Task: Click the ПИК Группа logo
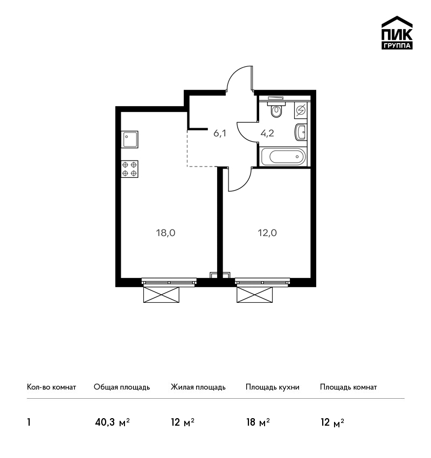[x=397, y=32]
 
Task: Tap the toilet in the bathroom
[x=276, y=108]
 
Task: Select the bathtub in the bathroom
[x=283, y=157]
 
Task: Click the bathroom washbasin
[x=301, y=133]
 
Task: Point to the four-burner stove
[x=130, y=169]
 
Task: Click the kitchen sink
[x=130, y=140]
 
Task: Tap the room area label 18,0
[x=165, y=233]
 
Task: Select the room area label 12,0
[x=267, y=233]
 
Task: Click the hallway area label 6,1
[x=220, y=134]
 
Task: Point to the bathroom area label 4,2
[x=267, y=134]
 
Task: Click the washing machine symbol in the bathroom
[x=301, y=110]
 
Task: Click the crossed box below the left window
[x=161, y=294]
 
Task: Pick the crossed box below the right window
[x=255, y=294]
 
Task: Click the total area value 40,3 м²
[x=113, y=422]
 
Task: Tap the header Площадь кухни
[x=273, y=387]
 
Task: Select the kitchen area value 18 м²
[x=258, y=422]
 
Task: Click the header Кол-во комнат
[x=51, y=387]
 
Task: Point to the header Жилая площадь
[x=198, y=387]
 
